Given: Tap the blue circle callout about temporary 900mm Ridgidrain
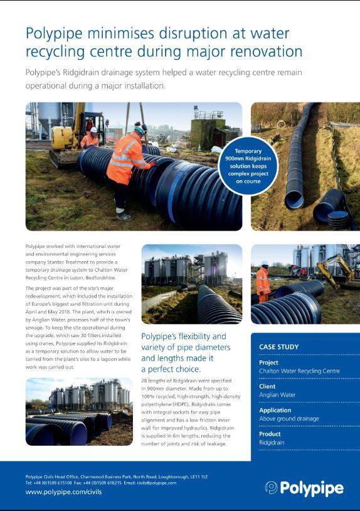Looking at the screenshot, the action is [x=248, y=166].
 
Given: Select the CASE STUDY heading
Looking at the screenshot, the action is [x=278, y=347].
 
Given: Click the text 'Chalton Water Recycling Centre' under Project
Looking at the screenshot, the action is [x=299, y=371].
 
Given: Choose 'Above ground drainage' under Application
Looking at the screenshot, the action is [x=289, y=419].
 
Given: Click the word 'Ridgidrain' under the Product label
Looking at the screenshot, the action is [x=271, y=443].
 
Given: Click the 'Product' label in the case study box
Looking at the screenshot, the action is [x=270, y=434].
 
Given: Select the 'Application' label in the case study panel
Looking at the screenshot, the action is [x=275, y=410].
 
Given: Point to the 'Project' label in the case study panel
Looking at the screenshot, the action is [x=269, y=362].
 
